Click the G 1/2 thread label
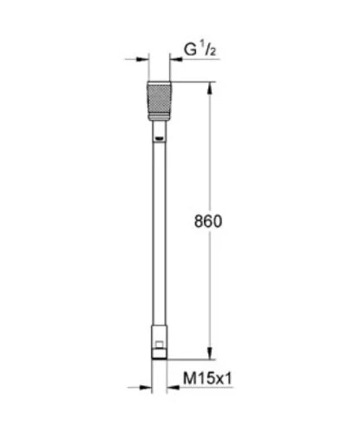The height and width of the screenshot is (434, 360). (200, 49)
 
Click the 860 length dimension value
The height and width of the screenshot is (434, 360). (208, 221)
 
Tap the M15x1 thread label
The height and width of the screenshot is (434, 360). (207, 378)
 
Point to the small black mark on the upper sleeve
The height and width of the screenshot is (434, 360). (159, 139)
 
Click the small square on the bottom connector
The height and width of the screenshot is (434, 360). (160, 345)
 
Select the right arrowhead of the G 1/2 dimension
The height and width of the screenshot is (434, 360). (176, 59)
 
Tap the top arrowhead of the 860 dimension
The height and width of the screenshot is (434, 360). (210, 89)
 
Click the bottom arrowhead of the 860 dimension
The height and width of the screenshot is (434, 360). (210, 353)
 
